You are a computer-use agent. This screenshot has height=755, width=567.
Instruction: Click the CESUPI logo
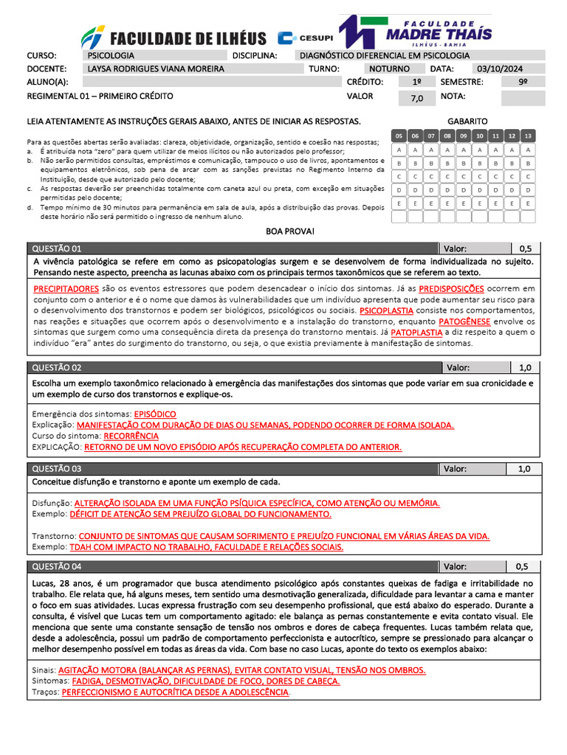306,38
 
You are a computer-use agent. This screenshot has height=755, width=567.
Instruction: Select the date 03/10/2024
499,69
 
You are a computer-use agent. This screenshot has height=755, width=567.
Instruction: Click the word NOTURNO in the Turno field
389,69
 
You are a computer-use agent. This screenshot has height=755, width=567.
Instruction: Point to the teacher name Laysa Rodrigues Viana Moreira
156,69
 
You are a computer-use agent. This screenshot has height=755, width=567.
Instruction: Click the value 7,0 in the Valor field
417,98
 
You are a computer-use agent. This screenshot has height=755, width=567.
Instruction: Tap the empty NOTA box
523,97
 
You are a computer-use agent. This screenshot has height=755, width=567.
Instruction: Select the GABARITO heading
467,121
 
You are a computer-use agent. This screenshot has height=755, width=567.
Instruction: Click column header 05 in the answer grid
399,136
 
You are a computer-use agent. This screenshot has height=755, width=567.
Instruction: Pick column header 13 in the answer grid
527,136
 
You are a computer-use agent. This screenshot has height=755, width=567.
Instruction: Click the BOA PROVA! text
290,232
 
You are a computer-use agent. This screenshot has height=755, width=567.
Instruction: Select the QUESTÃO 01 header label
57,248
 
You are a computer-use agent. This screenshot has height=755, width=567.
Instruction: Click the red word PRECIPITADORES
66,289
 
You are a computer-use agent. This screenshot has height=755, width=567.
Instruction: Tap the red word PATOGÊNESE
464,321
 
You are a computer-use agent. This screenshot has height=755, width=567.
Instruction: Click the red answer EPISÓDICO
155,414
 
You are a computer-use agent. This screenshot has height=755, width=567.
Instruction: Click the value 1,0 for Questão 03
525,469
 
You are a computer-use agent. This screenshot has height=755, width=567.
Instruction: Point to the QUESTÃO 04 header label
57,566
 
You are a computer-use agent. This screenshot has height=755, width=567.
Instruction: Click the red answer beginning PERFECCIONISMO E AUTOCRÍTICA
175,693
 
